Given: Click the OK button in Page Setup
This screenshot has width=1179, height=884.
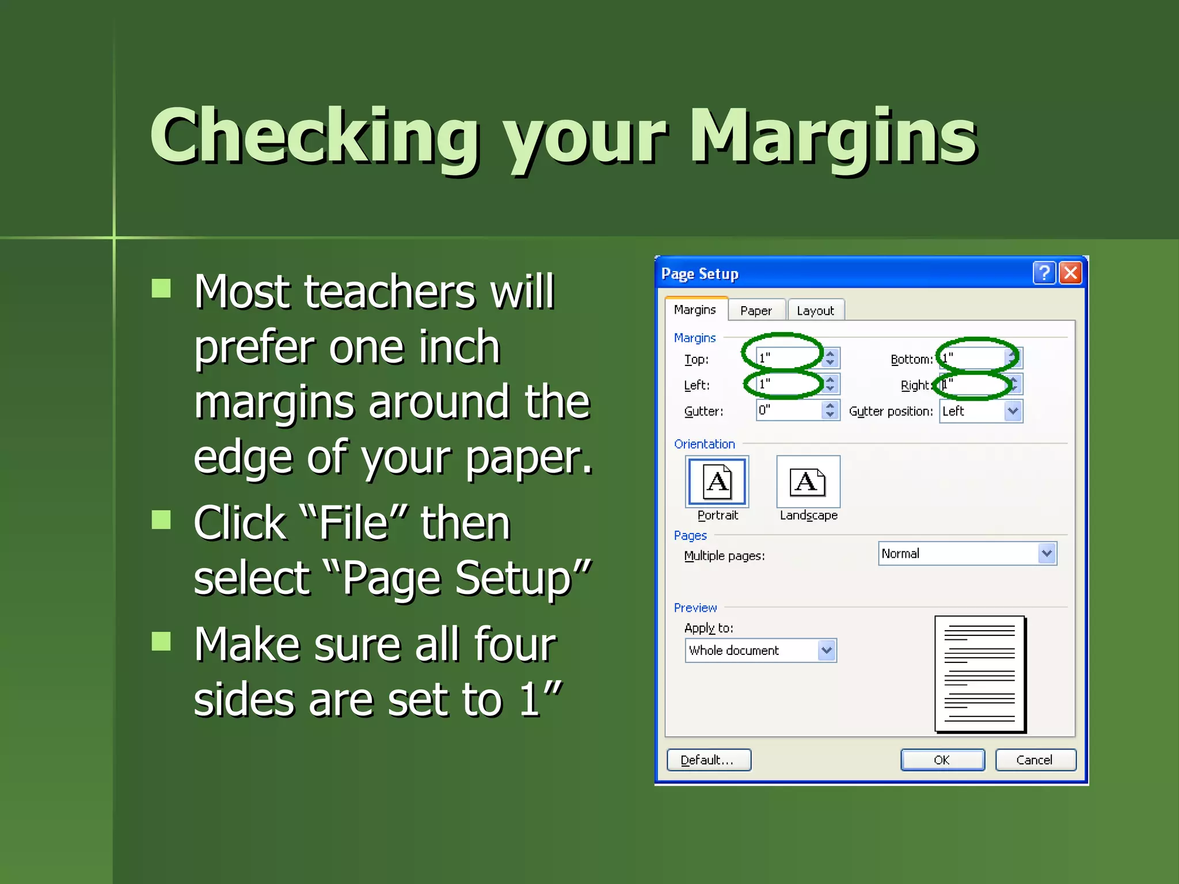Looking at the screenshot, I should tap(942, 760).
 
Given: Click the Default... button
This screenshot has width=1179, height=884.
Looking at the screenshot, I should tap(708, 760).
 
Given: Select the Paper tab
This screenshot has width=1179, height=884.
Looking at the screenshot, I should tap(756, 311).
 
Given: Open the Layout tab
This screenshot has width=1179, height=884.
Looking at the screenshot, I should tap(815, 311).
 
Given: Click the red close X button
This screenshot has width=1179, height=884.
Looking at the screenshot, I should tap(1071, 273).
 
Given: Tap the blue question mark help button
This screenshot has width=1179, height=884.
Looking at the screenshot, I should tap(1044, 273).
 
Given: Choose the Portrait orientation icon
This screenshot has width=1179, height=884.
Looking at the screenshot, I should tap(717, 482).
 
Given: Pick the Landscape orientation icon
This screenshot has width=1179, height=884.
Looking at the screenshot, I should tap(808, 482).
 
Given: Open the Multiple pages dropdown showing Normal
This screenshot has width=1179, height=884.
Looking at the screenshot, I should tap(967, 554).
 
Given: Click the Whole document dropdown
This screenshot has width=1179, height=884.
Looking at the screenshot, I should tap(760, 650).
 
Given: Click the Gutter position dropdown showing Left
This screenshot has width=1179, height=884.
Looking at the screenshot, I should tap(980, 411).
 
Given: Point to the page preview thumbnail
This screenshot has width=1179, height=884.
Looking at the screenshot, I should tap(980, 673).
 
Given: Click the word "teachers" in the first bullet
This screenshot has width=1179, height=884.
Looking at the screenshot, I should tap(389, 292).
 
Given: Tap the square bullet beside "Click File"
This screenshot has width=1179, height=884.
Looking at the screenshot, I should tap(161, 520).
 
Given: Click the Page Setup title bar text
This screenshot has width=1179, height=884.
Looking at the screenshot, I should tap(699, 274).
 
